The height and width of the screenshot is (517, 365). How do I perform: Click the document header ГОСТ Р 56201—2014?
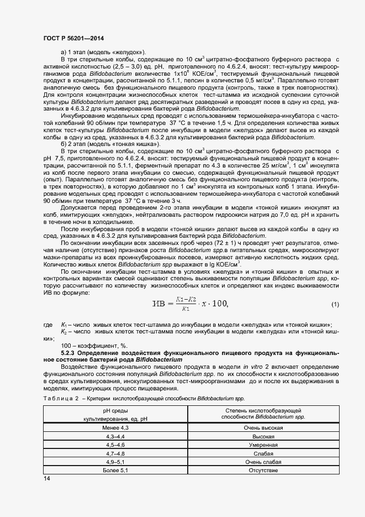73,38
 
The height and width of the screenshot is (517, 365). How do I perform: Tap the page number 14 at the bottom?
46,479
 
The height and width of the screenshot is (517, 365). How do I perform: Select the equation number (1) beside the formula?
335,305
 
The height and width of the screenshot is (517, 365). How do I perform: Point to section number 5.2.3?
68,352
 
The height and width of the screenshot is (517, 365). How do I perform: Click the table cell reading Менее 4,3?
116,428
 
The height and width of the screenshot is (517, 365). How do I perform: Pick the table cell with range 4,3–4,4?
116,436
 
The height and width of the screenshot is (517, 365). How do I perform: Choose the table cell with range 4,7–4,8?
116,453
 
